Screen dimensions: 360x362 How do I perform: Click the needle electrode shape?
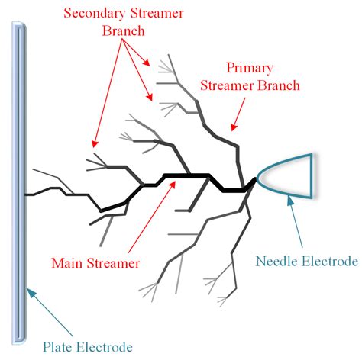(x=289, y=173)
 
